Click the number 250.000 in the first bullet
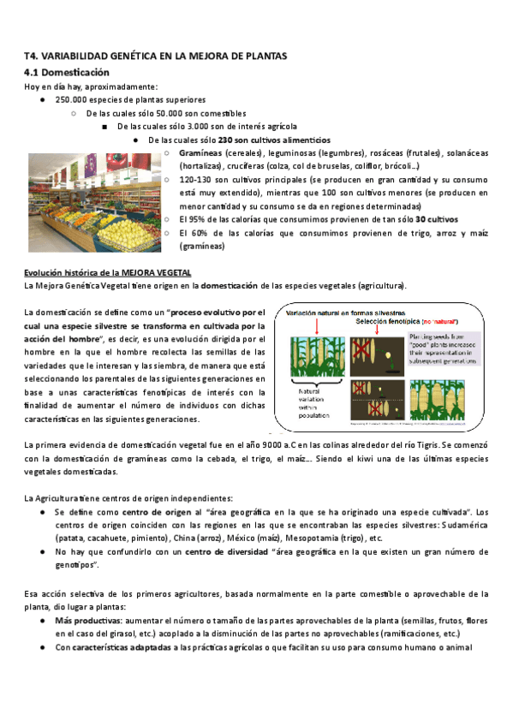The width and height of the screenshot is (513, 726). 72,100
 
